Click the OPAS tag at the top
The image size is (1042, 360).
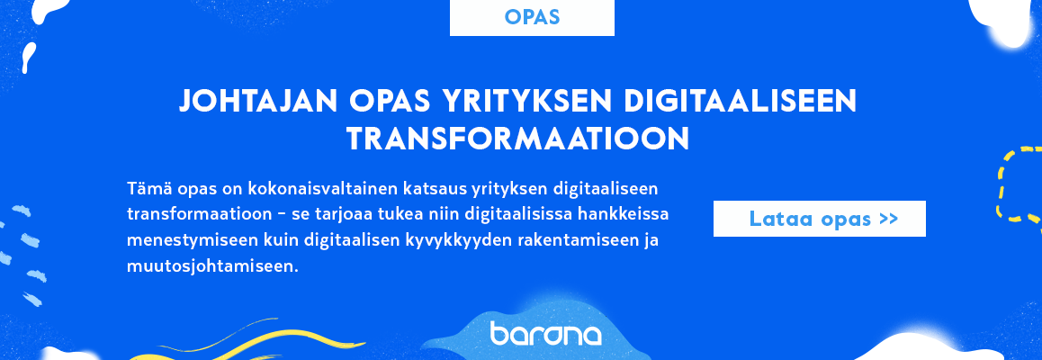pos(532,17)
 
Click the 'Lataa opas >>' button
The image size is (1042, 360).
pos(819,219)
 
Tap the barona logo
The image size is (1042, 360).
pos(546,334)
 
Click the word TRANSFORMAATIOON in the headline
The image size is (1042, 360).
pos(518,139)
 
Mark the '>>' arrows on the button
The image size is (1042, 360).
pos(888,219)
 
